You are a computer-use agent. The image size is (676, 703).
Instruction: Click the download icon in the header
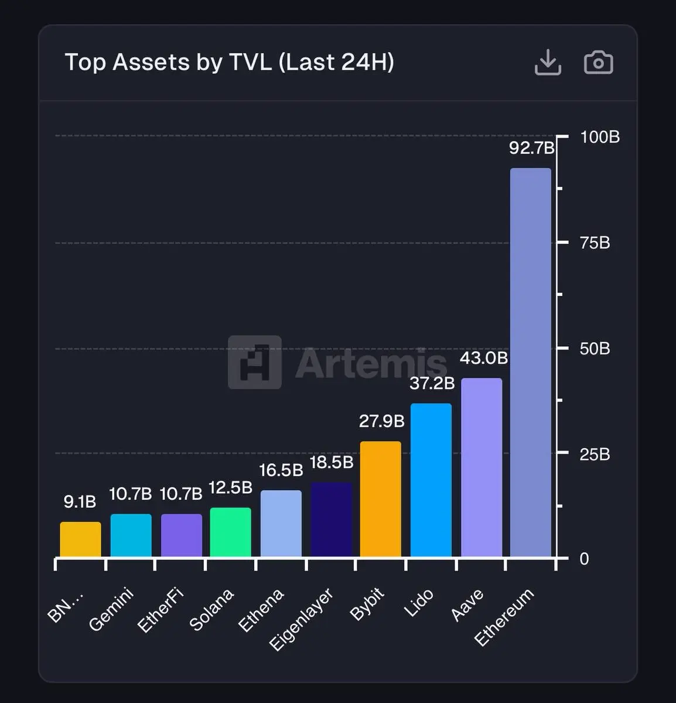click(x=548, y=62)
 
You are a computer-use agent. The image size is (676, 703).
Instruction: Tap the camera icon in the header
click(x=598, y=63)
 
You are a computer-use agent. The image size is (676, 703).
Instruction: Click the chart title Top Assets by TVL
click(x=229, y=62)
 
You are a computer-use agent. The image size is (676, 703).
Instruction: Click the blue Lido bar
click(x=431, y=480)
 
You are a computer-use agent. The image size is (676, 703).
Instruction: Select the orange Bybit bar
click(x=381, y=499)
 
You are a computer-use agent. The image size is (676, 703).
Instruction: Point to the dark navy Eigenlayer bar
click(x=331, y=519)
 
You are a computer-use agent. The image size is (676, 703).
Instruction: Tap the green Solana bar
click(x=231, y=532)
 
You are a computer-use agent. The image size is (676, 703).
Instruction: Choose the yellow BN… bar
click(x=80, y=539)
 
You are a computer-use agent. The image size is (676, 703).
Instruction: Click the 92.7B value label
click(x=531, y=148)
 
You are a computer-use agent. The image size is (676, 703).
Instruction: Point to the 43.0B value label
click(x=483, y=358)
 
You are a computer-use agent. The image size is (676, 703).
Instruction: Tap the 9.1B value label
click(x=80, y=501)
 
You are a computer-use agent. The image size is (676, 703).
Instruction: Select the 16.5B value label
click(x=281, y=470)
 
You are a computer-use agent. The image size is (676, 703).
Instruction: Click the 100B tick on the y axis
click(x=599, y=137)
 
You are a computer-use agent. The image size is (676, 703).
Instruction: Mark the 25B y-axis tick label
click(x=595, y=454)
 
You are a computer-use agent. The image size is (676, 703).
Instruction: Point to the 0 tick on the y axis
click(x=584, y=558)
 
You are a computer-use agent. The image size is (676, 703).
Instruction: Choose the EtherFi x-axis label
click(x=161, y=610)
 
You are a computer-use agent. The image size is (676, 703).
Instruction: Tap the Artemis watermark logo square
click(x=255, y=362)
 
